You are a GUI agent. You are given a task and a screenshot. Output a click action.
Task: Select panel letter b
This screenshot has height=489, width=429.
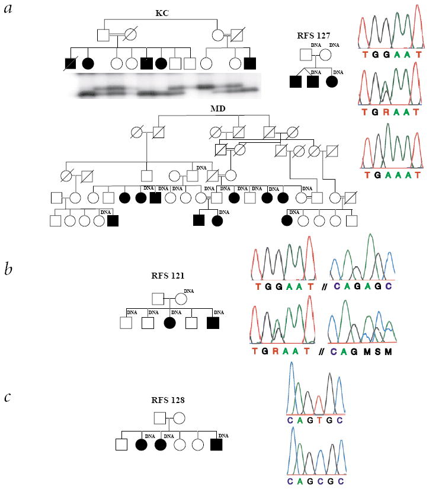[9, 270]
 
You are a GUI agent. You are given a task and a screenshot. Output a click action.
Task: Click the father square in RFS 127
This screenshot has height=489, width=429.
[305, 57]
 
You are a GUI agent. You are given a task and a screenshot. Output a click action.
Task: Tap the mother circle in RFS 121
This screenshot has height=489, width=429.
[181, 298]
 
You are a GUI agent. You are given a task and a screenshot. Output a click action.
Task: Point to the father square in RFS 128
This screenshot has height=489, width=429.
[159, 418]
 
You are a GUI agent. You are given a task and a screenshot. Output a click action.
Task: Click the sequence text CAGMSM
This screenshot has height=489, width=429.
[362, 351]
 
